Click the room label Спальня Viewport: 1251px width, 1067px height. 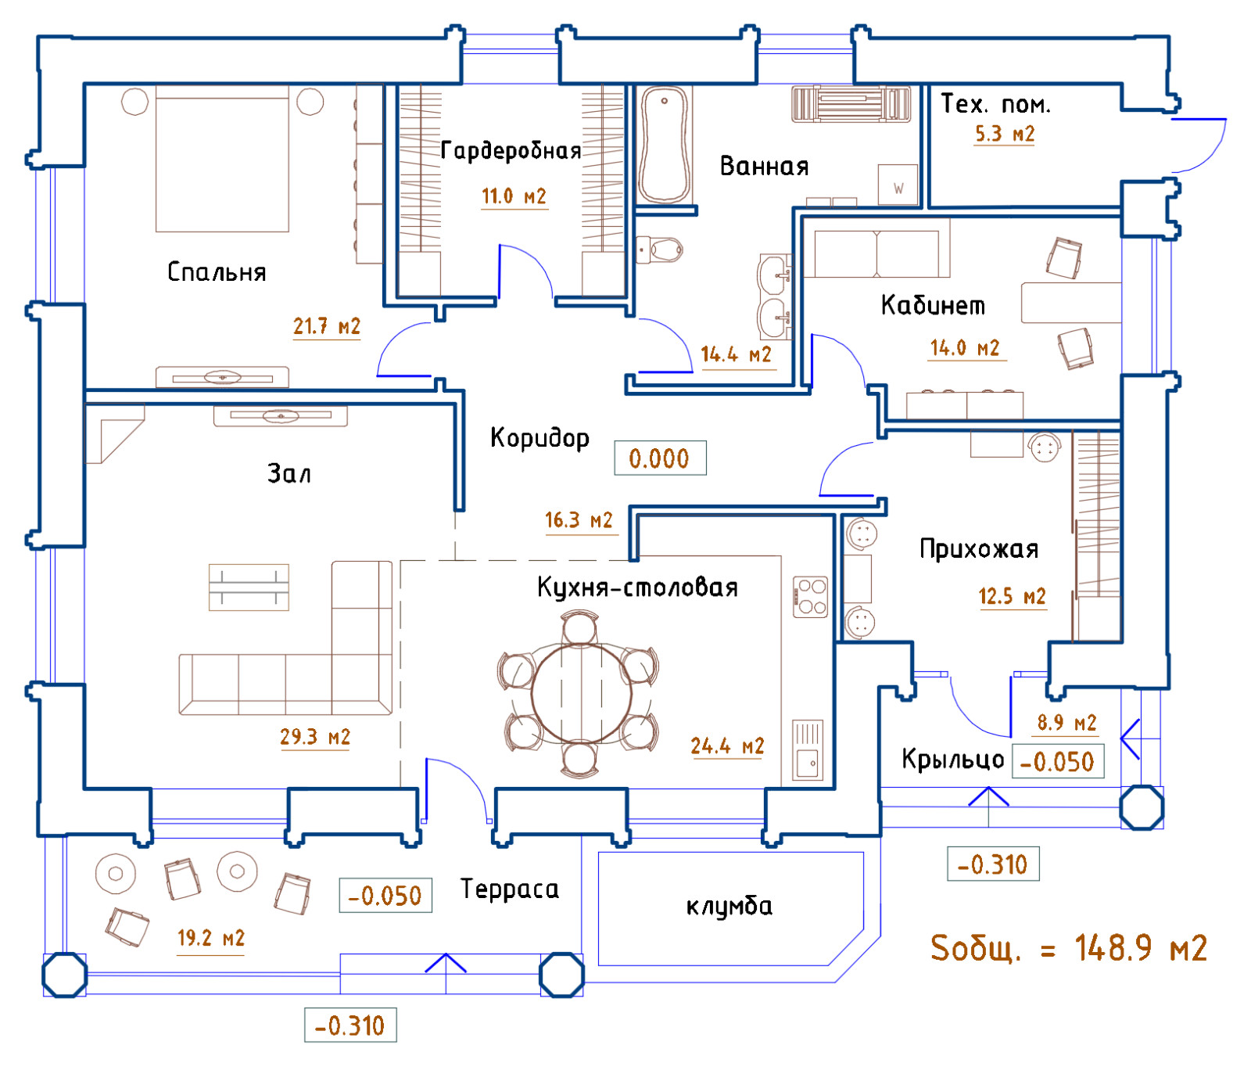coord(217,272)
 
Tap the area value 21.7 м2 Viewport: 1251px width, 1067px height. coord(327,326)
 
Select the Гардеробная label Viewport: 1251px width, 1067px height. coord(511,150)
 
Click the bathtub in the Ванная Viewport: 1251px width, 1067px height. coord(665,145)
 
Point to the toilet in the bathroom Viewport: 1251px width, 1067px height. coord(661,250)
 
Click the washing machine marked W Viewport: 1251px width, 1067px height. coord(898,185)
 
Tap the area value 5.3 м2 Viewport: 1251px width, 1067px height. coord(1004,134)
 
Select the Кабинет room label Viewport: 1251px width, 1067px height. coord(933,305)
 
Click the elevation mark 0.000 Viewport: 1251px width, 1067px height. coord(659,458)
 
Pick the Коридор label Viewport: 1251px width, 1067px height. coord(539,438)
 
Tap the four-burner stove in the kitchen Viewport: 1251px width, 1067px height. coord(811,597)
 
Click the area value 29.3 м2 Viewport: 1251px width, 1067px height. coord(315,737)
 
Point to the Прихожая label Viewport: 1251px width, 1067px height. coord(979,549)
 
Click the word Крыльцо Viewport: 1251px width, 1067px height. coord(952,759)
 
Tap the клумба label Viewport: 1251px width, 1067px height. coord(729,907)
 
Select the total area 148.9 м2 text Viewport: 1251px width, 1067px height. coord(1069,948)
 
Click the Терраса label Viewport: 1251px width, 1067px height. coord(510,889)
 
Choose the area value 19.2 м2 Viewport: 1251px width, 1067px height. coord(211,938)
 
